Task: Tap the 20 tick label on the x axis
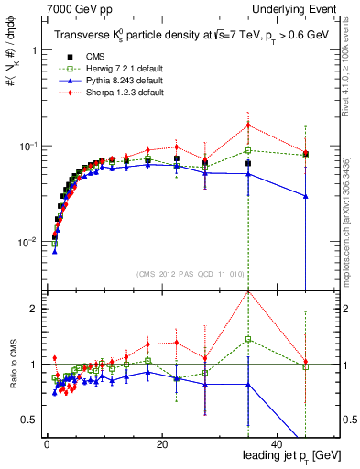click(161, 444)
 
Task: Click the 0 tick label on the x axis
click(47, 444)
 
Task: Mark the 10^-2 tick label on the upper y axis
click(28, 242)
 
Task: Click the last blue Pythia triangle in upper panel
click(306, 196)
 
